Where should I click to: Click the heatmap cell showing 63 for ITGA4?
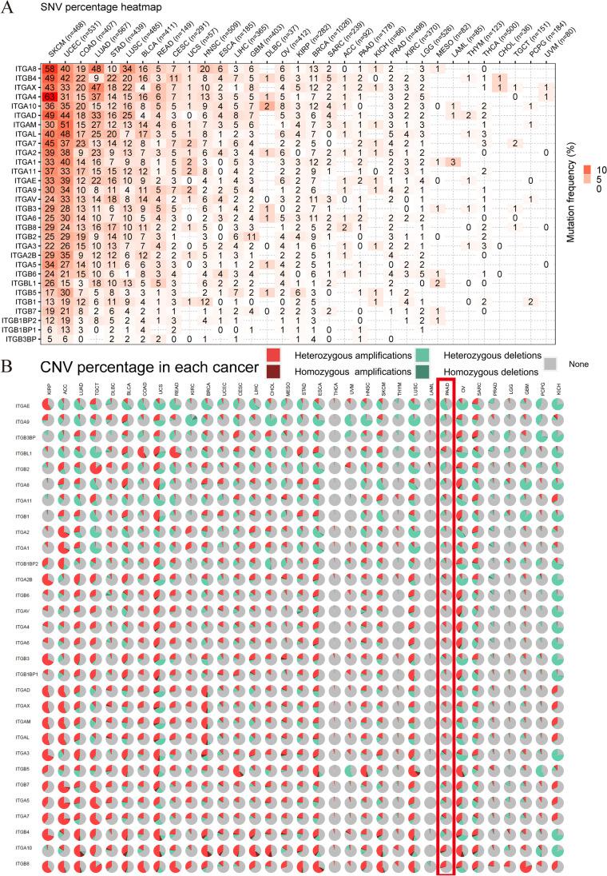pos(50,98)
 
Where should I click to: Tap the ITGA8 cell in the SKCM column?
pos(50,70)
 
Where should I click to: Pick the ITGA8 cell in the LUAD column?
pos(96,70)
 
